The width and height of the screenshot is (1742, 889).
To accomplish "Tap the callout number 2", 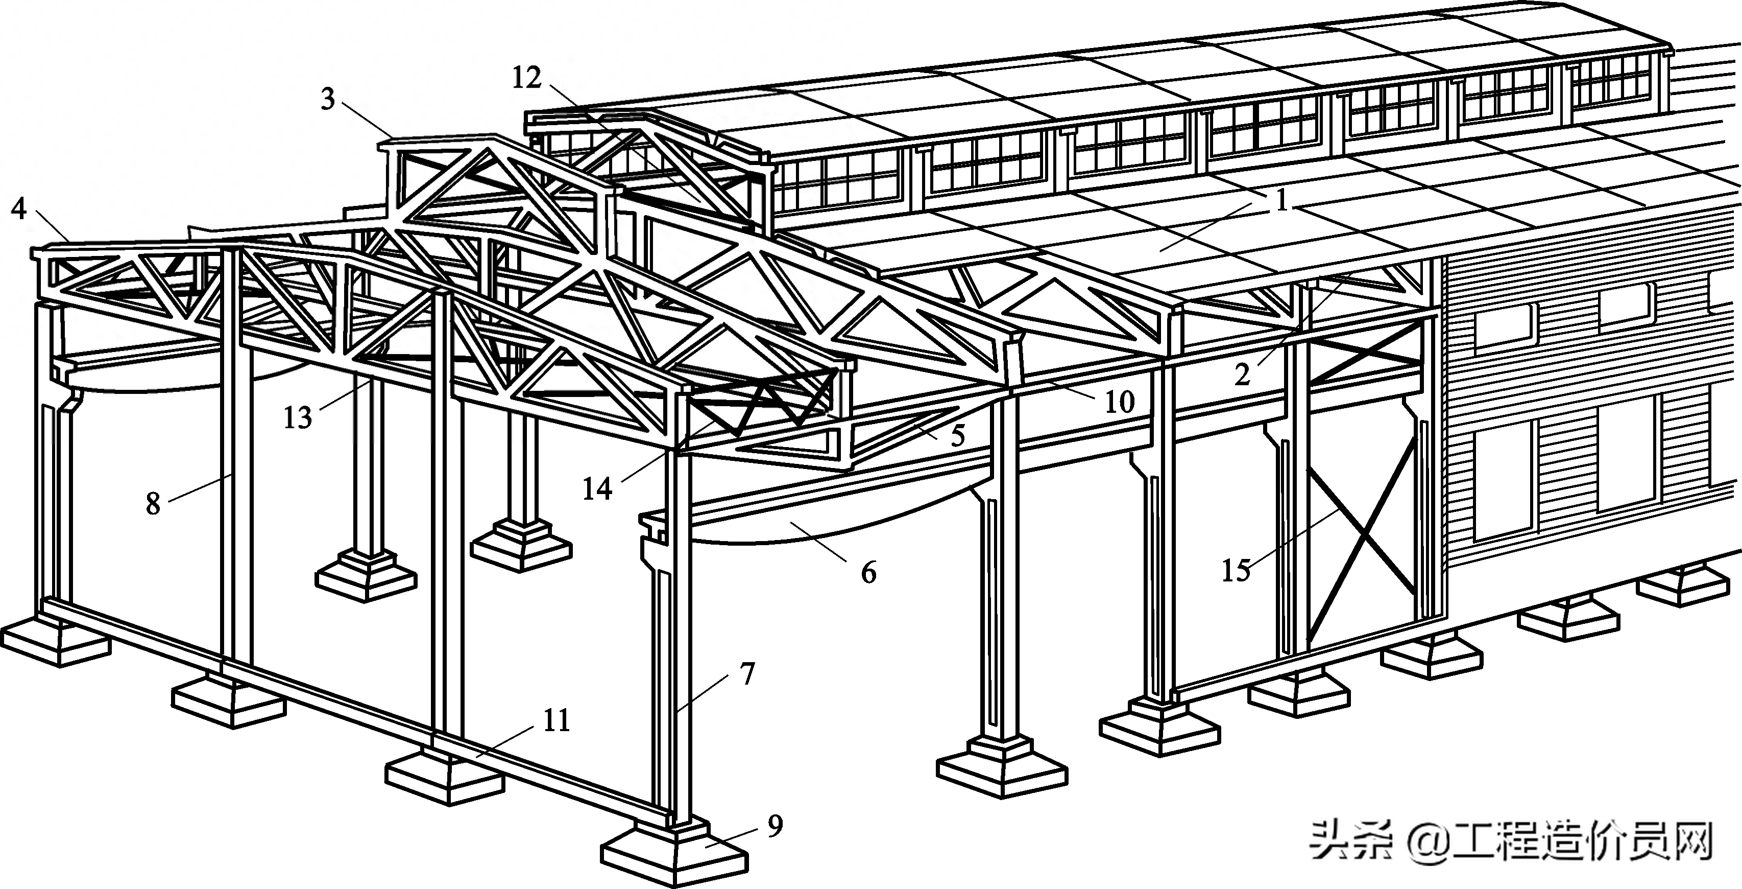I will tap(1242, 374).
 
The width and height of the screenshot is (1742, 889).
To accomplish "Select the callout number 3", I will tap(328, 100).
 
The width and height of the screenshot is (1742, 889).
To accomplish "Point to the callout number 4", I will tap(19, 208).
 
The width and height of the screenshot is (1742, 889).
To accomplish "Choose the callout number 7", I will tap(746, 674).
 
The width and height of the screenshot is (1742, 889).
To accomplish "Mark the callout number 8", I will tap(154, 503).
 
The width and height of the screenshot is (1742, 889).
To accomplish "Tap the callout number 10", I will tap(1119, 402).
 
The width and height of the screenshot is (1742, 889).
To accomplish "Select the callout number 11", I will tap(557, 721).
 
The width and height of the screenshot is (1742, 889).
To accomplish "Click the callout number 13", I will tap(298, 418).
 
